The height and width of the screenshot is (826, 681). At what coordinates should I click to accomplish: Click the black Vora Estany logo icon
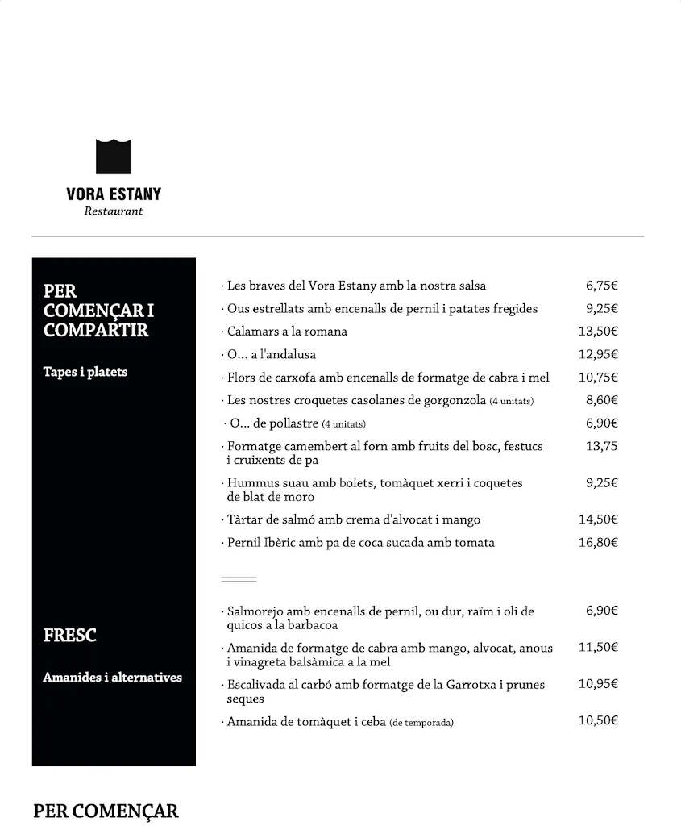tap(114, 156)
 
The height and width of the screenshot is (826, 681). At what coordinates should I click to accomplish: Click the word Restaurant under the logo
tap(114, 211)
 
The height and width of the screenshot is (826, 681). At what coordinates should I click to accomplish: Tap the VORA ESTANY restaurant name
tap(114, 194)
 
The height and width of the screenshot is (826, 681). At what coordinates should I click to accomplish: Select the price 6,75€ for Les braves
tap(601, 286)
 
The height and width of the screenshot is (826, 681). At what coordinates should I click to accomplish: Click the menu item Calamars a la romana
tap(287, 332)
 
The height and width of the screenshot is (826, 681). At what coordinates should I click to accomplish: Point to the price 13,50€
tap(598, 332)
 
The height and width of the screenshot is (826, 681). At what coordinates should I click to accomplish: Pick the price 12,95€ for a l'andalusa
tap(598, 354)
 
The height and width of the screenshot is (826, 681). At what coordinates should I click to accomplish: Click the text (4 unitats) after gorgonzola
tap(512, 401)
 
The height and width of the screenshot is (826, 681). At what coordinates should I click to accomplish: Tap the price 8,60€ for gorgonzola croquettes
tap(601, 400)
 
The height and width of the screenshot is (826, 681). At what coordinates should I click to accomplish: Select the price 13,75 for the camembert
tap(601, 446)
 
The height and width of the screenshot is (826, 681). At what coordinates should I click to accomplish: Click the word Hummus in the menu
tap(253, 483)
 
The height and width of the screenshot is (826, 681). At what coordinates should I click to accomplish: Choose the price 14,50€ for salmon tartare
tap(598, 519)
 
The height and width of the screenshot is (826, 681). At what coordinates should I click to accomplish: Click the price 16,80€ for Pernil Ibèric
tap(598, 543)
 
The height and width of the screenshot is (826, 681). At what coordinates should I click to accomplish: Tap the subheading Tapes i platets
tap(85, 373)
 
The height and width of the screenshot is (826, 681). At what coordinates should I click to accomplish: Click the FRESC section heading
tap(70, 636)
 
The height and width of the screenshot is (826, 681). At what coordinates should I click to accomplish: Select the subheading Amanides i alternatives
tap(112, 678)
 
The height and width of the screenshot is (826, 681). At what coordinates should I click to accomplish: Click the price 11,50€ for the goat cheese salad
tap(598, 647)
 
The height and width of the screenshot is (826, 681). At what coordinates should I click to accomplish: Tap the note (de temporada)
tap(421, 723)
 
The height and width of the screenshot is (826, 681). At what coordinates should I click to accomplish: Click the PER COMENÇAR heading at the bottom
tap(106, 811)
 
